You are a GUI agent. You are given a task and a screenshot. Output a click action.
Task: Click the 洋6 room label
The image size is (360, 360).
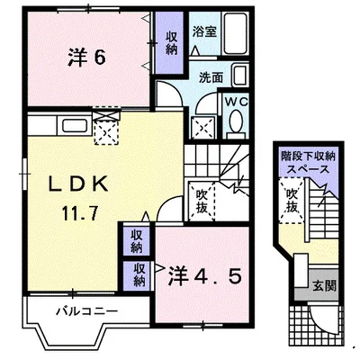tap(86, 56)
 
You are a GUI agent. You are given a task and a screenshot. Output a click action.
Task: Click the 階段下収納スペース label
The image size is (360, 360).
tap(308, 162)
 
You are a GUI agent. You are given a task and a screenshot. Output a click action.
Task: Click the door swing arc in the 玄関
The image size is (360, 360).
tap(316, 319)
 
